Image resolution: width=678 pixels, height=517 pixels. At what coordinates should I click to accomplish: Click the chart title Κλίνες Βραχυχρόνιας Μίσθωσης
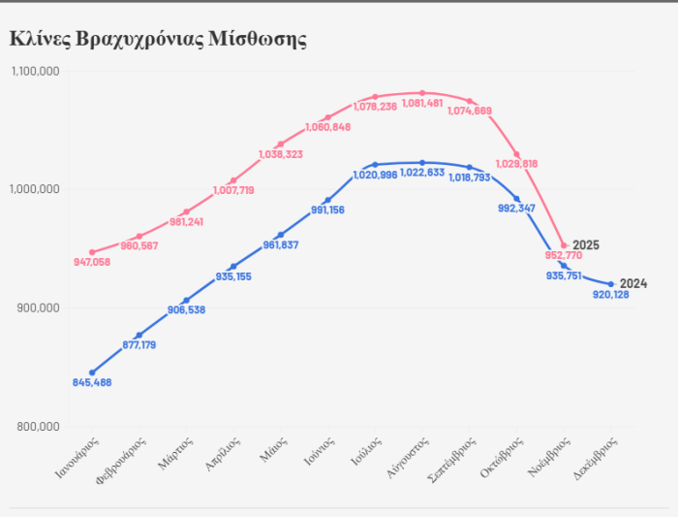click(158, 39)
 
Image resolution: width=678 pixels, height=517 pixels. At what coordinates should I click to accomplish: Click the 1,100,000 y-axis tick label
click(36, 71)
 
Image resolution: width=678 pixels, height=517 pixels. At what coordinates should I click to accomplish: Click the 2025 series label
click(586, 245)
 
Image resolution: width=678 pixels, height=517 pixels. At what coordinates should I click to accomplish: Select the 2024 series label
click(632, 283)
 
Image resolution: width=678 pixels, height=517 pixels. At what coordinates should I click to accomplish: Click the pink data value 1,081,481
click(422, 104)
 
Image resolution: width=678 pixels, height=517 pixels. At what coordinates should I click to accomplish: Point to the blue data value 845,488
click(92, 382)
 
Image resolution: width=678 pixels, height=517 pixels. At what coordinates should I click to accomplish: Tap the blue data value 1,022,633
click(422, 173)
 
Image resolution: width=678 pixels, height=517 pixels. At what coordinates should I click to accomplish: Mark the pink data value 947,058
click(92, 262)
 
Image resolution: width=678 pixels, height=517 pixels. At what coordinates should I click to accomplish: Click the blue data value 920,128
click(611, 295)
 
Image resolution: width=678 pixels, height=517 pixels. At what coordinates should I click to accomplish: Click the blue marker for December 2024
click(611, 284)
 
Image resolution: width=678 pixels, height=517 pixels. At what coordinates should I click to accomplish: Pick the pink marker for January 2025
click(92, 252)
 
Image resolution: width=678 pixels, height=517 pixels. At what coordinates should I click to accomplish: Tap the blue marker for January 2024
click(92, 372)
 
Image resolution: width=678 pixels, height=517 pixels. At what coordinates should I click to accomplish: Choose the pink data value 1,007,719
click(234, 190)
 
